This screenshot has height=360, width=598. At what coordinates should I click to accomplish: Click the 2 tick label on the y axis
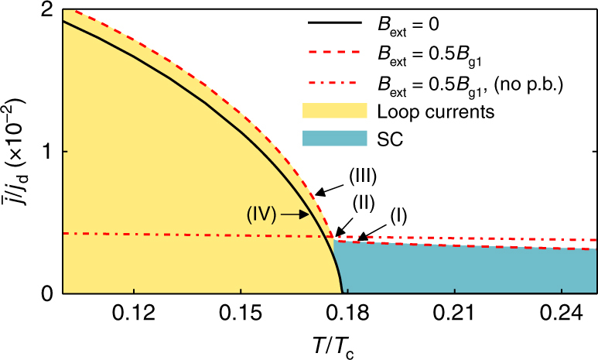pos(46,10)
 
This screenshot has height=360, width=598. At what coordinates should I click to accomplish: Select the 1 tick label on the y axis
pos(46,152)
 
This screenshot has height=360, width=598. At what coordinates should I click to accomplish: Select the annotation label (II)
pos(365,204)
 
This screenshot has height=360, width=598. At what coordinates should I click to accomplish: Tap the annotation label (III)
pos(361,176)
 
